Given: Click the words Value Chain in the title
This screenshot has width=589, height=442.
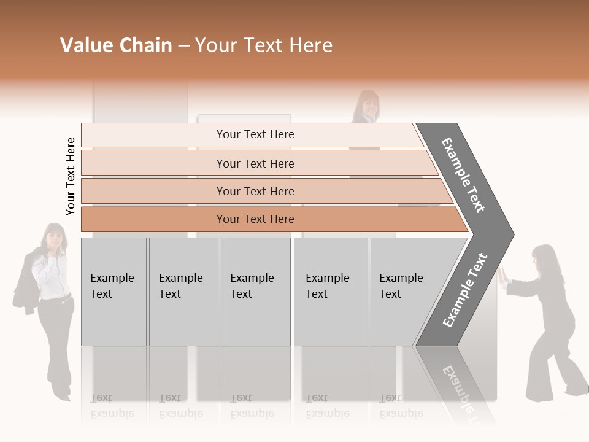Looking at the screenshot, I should tap(116, 45).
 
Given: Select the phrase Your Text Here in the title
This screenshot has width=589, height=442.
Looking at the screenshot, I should tap(264, 45).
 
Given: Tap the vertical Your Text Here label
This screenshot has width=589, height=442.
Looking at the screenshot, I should tap(71, 177).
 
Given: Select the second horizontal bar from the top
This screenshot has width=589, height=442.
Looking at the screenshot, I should tap(255, 163).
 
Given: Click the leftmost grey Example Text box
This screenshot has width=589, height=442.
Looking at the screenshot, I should tap(114, 292).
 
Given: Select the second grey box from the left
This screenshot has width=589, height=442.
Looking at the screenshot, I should tap(183, 292).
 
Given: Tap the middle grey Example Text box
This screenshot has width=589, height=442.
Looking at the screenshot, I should tap(255, 292).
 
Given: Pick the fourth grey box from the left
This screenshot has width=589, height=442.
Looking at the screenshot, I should tap(331, 292).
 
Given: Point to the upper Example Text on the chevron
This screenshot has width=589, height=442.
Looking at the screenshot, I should tap(463, 175).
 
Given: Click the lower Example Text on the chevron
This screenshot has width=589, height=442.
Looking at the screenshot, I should tap(465, 290).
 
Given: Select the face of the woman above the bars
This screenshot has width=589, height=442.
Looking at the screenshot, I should tap(368, 106).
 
